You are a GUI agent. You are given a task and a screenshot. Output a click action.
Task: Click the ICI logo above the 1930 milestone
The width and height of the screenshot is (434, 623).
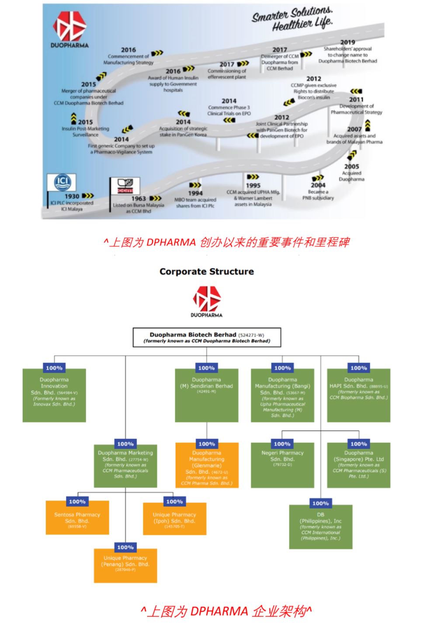(62, 182)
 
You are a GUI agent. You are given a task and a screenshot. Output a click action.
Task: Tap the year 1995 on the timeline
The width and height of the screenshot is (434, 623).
(253, 185)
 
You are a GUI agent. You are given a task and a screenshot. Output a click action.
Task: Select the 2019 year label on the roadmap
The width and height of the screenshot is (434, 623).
(347, 42)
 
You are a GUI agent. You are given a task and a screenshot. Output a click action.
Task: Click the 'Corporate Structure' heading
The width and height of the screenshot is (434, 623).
(207, 271)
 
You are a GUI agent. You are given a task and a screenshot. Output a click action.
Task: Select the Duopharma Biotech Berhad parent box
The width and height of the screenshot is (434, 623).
(207, 338)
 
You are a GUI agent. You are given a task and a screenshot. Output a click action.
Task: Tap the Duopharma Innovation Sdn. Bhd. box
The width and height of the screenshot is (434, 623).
(54, 395)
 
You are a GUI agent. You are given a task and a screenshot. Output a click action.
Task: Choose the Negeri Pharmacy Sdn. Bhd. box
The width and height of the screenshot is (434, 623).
(282, 465)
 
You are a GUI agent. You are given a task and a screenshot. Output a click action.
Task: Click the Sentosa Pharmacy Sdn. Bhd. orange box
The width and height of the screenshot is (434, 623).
(77, 517)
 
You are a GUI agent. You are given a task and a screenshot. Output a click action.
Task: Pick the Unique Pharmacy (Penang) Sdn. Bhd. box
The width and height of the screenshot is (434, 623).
(125, 565)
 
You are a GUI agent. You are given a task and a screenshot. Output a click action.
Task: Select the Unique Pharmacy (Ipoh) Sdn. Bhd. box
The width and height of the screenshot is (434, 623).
(174, 517)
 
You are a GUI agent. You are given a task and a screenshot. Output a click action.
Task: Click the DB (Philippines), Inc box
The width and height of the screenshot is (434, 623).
(320, 527)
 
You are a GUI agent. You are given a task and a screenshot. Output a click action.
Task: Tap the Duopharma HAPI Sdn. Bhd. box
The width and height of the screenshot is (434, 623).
(358, 395)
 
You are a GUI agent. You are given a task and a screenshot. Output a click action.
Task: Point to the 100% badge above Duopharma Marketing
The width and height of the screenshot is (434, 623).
(125, 444)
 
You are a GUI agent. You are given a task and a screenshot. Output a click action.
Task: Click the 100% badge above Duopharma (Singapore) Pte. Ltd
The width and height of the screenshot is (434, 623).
(358, 444)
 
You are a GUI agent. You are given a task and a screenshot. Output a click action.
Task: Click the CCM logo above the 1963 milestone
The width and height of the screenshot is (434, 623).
(125, 186)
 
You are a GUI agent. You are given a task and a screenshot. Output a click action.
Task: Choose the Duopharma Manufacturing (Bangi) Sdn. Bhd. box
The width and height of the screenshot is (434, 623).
(282, 395)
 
